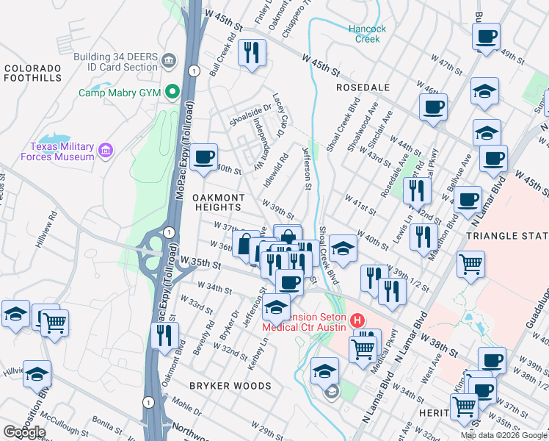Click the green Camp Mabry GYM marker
click(173, 93)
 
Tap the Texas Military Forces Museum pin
click(106, 151)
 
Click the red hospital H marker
click(357, 320)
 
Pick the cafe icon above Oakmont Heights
click(203, 157)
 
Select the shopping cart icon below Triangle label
click(470, 263)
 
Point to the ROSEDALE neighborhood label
click(363, 87)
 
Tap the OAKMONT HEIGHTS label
click(218, 203)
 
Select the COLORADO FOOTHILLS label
click(32, 73)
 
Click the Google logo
click(24, 432)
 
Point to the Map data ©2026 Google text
click(503, 435)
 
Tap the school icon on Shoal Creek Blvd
click(343, 248)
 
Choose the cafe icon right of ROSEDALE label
click(433, 107)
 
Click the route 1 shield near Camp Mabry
click(192, 71)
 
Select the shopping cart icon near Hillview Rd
click(54, 322)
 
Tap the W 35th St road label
click(202, 263)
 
